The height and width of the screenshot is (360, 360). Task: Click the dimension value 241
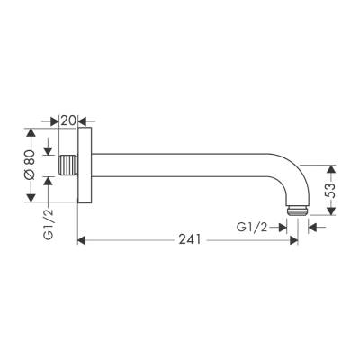click(188, 240)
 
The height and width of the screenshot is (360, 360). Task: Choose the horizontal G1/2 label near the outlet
click(255, 228)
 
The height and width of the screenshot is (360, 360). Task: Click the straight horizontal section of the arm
click(180, 167)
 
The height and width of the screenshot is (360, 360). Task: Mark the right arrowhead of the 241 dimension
click(292, 240)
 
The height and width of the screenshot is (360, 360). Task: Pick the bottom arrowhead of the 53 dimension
click(332, 212)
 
